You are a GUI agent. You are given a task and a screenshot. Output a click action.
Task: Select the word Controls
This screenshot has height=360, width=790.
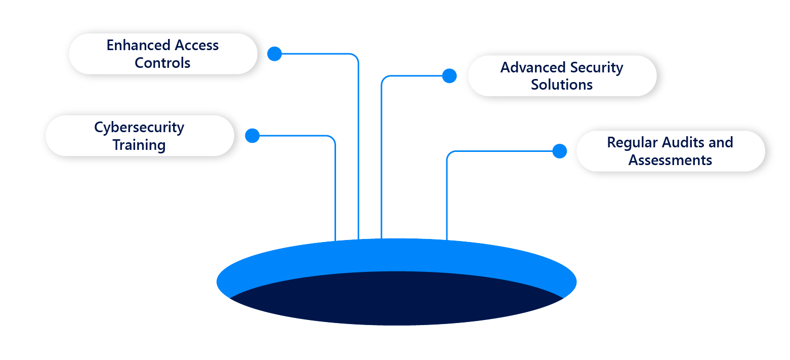(162, 63)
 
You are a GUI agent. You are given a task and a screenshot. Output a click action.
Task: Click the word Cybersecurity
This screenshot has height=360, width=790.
(139, 128)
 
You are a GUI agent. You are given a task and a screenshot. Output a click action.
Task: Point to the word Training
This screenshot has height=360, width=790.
(139, 145)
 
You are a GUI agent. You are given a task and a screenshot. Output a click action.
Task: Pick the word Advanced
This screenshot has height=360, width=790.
(532, 68)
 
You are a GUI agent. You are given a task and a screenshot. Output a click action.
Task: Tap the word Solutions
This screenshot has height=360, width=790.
(562, 85)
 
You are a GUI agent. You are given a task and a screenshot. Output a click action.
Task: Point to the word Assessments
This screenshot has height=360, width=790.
(670, 161)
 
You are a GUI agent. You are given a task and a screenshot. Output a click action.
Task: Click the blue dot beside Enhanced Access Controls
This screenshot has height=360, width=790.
(274, 54)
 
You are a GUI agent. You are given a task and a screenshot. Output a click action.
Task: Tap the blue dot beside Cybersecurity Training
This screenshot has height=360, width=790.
(252, 136)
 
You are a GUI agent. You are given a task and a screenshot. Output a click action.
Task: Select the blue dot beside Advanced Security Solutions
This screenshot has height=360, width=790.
(449, 76)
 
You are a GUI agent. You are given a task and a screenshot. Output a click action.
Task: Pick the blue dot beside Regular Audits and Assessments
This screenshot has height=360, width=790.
(559, 151)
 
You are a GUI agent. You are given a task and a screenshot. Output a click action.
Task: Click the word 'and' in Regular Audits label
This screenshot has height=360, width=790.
(721, 143)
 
